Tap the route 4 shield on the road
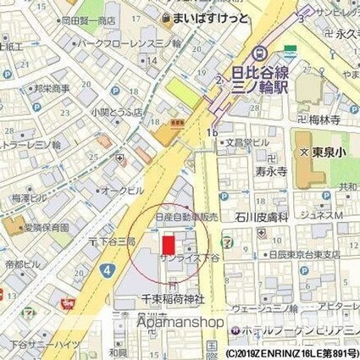tap(107, 270)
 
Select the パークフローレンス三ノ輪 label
tap(133, 42)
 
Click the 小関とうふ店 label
tap(114, 110)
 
